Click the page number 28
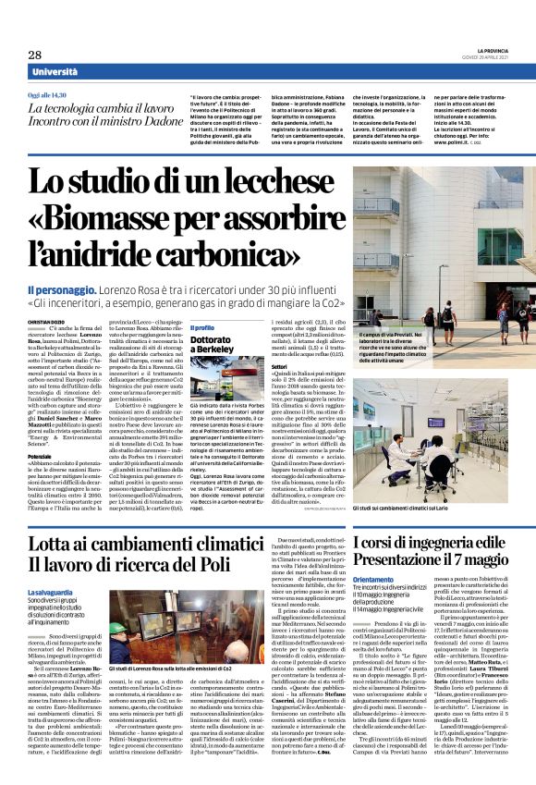click(x=35, y=55)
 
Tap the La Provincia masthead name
click(x=492, y=50)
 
